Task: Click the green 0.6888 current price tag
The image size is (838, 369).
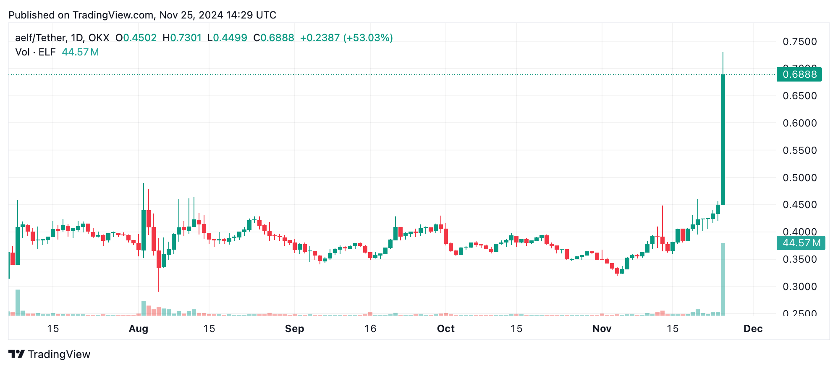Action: pos(799,74)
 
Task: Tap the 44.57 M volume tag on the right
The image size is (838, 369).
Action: pos(801,243)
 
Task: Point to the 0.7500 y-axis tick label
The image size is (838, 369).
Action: pos(800,42)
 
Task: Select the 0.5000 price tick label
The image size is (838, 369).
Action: pos(800,178)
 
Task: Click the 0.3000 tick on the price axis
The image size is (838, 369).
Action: pos(800,287)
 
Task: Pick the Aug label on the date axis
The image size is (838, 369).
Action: pos(139,329)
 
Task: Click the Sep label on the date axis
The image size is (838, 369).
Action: pos(294,329)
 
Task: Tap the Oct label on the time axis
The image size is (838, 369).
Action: pos(445,329)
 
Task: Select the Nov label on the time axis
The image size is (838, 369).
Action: pos(602,329)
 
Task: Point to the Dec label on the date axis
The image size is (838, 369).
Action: pos(753,329)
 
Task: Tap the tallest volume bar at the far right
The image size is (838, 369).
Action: pos(723,279)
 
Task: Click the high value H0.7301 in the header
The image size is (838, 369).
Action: pos(182,38)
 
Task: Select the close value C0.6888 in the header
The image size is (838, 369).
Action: pos(273,38)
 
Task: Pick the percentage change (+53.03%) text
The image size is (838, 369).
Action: pos(368,38)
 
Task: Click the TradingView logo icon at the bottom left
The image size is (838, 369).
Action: pos(17,354)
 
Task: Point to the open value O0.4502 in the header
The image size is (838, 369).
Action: pos(136,38)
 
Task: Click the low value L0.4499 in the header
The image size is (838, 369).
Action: pos(227,38)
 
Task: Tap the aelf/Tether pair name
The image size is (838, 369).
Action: pos(40,38)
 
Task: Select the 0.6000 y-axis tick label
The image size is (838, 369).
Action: pos(800,123)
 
